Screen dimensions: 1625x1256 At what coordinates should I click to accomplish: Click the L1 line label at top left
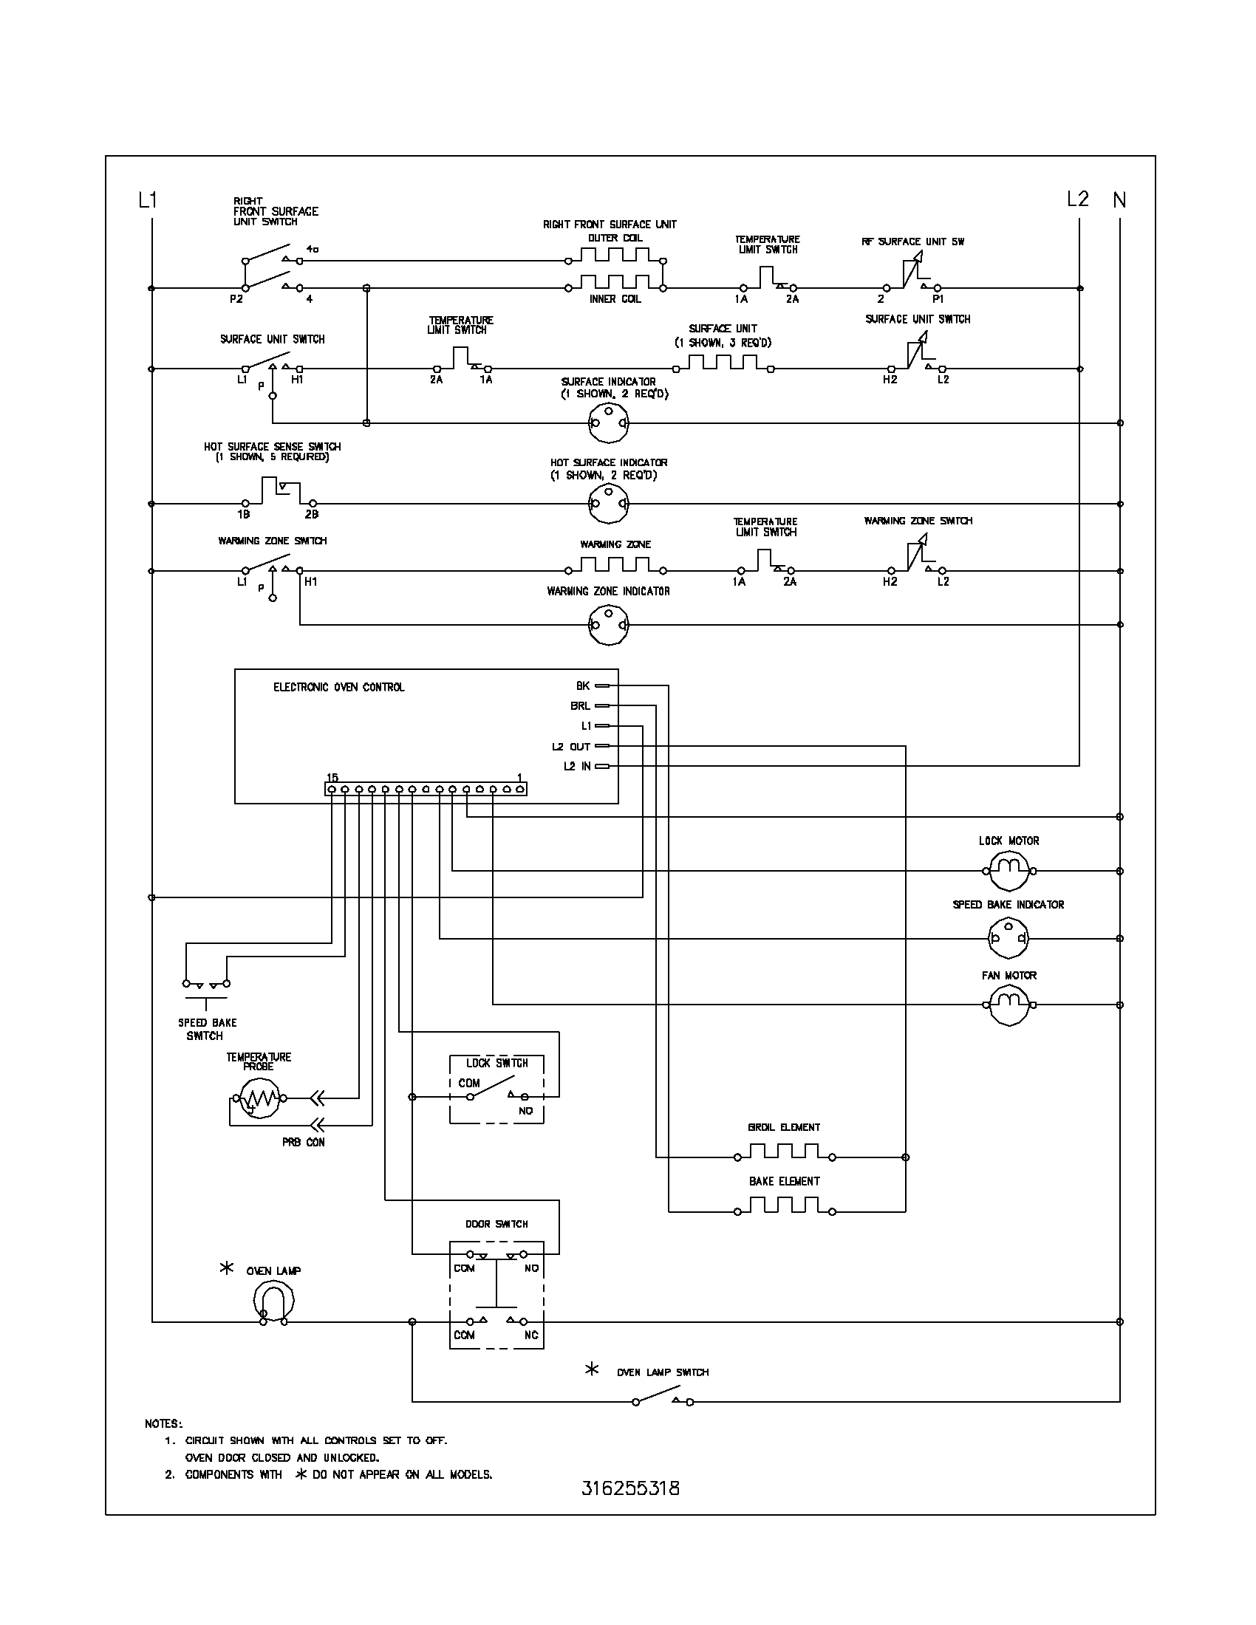[148, 199]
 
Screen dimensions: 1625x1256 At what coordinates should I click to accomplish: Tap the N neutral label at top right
[1119, 199]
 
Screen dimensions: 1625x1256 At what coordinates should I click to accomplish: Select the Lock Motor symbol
[1008, 870]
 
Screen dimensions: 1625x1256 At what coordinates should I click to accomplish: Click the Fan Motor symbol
[1008, 1005]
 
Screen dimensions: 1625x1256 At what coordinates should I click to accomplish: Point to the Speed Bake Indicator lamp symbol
[1008, 938]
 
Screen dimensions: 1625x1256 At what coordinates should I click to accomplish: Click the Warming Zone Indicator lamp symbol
[609, 624]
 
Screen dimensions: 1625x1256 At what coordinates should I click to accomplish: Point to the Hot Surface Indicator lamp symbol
[609, 504]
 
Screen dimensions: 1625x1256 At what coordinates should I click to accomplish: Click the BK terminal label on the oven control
[583, 685]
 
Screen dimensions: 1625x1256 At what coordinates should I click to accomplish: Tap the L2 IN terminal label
[577, 767]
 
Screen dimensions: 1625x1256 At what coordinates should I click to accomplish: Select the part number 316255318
[630, 1488]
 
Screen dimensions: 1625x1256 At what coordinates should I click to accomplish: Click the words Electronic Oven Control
[338, 687]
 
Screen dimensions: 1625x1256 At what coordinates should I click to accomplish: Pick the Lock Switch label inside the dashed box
[496, 1063]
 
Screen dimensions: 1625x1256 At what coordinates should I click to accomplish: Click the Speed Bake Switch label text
[206, 1029]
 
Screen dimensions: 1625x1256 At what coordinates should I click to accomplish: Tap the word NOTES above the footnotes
[163, 1423]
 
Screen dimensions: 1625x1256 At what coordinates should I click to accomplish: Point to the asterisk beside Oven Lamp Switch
[592, 1369]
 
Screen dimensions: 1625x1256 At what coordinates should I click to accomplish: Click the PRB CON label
[303, 1142]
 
